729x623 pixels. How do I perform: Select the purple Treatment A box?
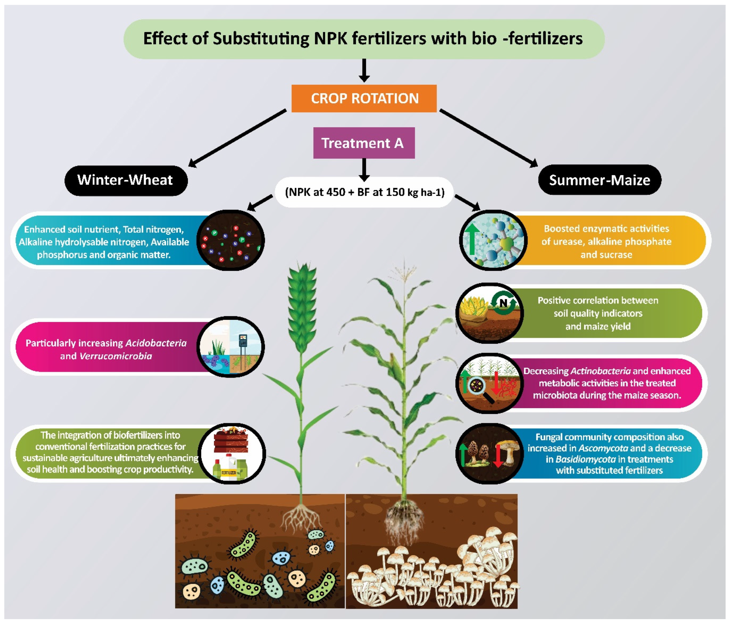pyautogui.click(x=364, y=143)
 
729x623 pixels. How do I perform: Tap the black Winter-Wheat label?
pyautogui.click(x=126, y=180)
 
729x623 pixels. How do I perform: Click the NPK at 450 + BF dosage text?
pyautogui.click(x=364, y=192)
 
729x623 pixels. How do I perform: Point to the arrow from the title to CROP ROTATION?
pyautogui.click(x=364, y=70)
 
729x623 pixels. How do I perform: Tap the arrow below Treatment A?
pyautogui.click(x=364, y=170)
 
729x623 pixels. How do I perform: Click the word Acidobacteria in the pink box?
pyautogui.click(x=156, y=343)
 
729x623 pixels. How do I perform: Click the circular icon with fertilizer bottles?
pyautogui.click(x=231, y=453)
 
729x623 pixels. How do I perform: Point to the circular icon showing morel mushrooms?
pyautogui.click(x=489, y=453)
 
